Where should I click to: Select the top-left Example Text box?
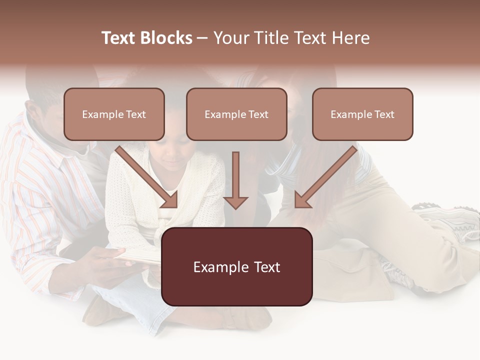114,114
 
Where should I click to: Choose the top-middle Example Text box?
236,114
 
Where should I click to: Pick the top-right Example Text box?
362,114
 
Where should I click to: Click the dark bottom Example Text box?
236,266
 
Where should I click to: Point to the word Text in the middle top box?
258,114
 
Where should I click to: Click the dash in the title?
202,38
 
